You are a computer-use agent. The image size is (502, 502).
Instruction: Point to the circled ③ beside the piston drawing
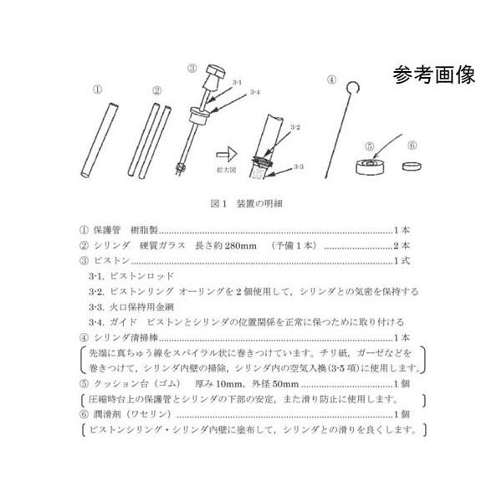click(192, 69)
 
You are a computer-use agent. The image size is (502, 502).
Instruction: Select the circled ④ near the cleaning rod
click(331, 81)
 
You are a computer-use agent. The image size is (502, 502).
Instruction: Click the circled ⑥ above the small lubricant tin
click(412, 146)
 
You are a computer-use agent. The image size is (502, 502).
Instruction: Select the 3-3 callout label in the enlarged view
click(299, 167)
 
